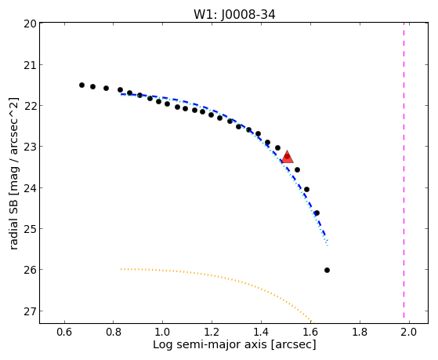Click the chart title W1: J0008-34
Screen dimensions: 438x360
click(x=234, y=14)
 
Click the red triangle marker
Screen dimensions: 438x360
click(x=287, y=157)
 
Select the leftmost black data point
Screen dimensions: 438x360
click(x=81, y=85)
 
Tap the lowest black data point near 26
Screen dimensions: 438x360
click(x=327, y=271)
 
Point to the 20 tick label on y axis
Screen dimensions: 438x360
click(x=30, y=24)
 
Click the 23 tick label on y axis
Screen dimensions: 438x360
click(x=30, y=147)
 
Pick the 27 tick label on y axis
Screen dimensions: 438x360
click(x=30, y=311)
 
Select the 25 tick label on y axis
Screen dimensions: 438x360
click(x=30, y=229)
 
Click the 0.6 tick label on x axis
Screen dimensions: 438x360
click(x=64, y=332)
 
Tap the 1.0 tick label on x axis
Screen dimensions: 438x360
click(x=163, y=332)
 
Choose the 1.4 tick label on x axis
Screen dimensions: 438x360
click(x=261, y=332)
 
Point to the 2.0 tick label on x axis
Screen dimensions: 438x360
click(x=409, y=332)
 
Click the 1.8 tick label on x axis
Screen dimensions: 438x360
click(x=360, y=332)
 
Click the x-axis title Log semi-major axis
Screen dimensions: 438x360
click(x=210, y=344)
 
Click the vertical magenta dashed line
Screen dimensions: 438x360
click(x=404, y=170)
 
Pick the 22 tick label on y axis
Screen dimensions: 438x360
click(x=30, y=106)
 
